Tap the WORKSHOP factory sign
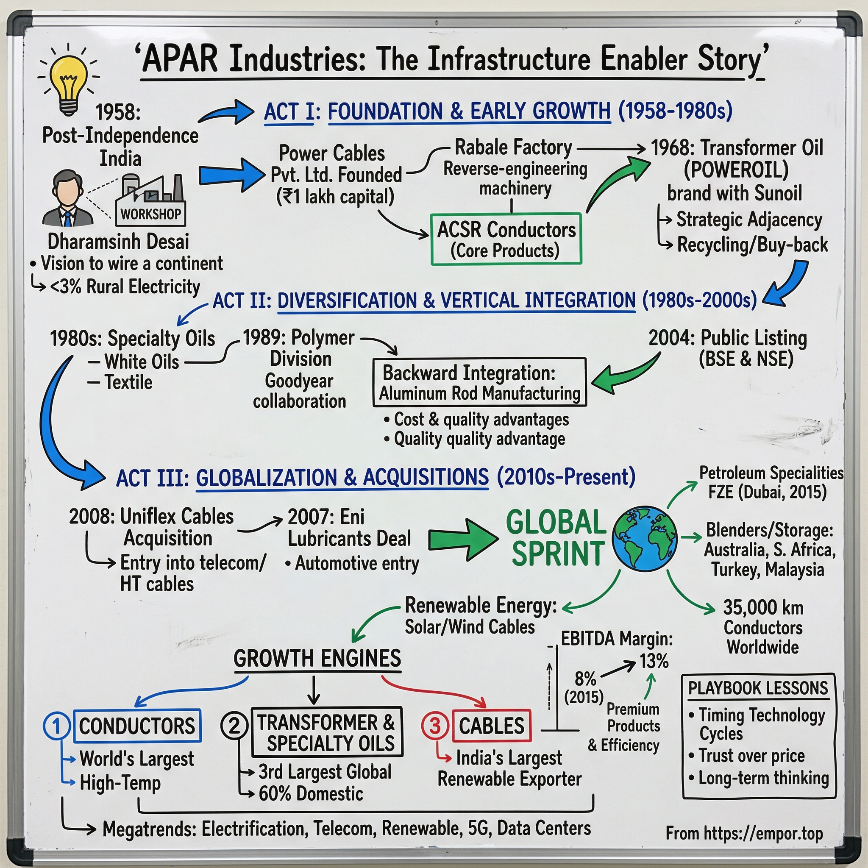pyautogui.click(x=150, y=214)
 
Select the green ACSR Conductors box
pyautogui.click(x=506, y=239)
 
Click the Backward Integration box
pyautogui.click(x=479, y=382)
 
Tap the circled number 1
pyautogui.click(x=57, y=726)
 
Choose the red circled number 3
pyautogui.click(x=435, y=726)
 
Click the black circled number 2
pyautogui.click(x=234, y=726)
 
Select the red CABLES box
pyautogui.click(x=492, y=726)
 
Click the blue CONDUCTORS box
pyautogui.click(x=137, y=726)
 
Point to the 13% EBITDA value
pyautogui.click(x=654, y=661)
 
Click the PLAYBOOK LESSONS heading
pyautogui.click(x=758, y=688)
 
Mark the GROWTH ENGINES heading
pyautogui.click(x=317, y=659)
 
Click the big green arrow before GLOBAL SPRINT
pyautogui.click(x=463, y=540)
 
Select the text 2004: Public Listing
pyautogui.click(x=728, y=338)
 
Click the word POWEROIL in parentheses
pyautogui.click(x=736, y=170)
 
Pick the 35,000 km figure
pyautogui.click(x=763, y=608)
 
